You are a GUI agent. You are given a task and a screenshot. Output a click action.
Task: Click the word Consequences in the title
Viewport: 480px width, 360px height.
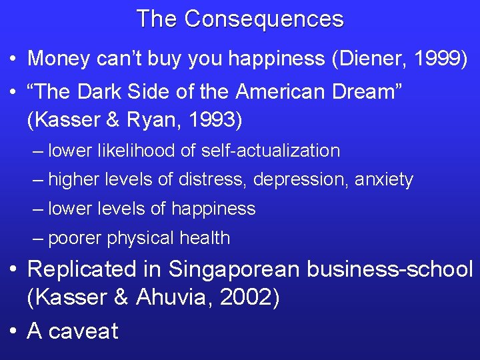click(264, 19)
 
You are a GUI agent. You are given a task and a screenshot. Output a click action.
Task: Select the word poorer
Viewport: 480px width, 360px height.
click(75, 238)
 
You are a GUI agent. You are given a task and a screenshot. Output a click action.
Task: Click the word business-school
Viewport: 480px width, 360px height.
click(390, 269)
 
